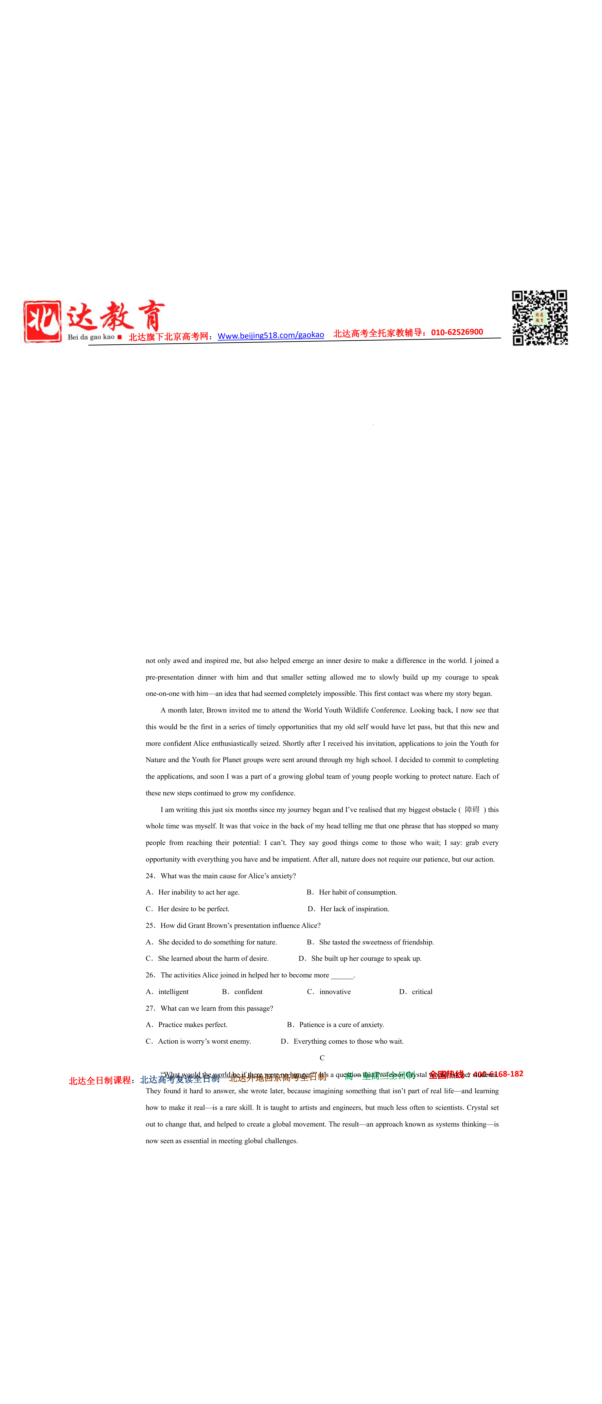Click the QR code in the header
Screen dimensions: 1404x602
pyautogui.click(x=539, y=318)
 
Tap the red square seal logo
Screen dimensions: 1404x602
pyautogui.click(x=42, y=322)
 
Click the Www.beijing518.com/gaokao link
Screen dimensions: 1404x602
pyautogui.click(x=270, y=335)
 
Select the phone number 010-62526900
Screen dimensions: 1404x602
pyautogui.click(x=457, y=332)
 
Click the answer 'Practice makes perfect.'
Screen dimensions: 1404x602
pyautogui.click(x=193, y=1025)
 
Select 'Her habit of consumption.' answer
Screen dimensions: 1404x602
pyautogui.click(x=358, y=892)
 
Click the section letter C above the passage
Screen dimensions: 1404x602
pyautogui.click(x=322, y=1058)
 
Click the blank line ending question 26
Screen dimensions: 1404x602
pyautogui.click(x=342, y=976)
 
